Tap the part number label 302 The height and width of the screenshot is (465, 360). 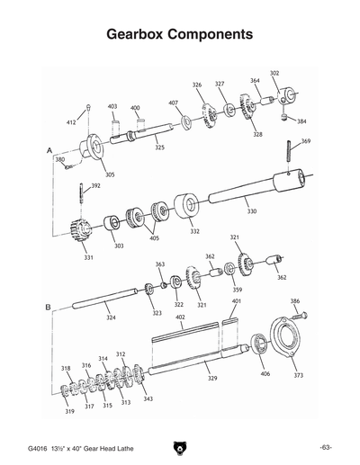(x=274, y=73)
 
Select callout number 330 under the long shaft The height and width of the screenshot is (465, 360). (x=251, y=211)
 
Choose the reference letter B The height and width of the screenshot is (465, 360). (x=47, y=308)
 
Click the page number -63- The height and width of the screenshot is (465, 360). (x=325, y=447)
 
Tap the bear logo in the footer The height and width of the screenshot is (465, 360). (x=180, y=447)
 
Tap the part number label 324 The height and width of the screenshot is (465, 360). (x=110, y=317)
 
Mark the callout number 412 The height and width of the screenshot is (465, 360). (x=71, y=121)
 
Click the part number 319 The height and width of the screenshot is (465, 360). (x=68, y=411)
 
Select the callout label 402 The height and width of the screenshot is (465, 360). (x=180, y=317)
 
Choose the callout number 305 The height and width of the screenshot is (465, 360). (x=109, y=174)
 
